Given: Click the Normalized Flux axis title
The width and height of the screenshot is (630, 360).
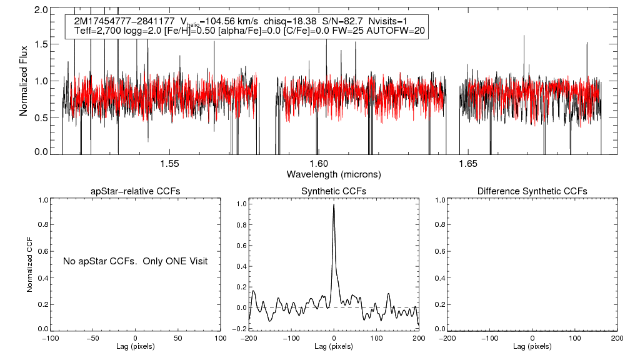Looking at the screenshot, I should [x=24, y=81].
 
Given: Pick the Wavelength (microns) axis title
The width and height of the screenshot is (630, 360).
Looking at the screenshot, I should [x=333, y=174].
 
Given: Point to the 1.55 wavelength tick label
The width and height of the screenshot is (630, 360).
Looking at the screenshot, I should [x=169, y=164].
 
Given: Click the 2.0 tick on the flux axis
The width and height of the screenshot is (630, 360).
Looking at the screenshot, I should [x=41, y=11].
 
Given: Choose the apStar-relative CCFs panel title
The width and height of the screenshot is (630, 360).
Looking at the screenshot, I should [x=136, y=191].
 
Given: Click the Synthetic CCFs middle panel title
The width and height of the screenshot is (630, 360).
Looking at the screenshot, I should [x=334, y=191].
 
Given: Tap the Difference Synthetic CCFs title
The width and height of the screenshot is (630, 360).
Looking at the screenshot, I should [x=532, y=191].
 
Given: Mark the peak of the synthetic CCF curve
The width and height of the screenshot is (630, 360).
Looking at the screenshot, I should [x=334, y=204].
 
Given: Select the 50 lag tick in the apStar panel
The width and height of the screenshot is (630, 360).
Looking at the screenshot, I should [x=178, y=338].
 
